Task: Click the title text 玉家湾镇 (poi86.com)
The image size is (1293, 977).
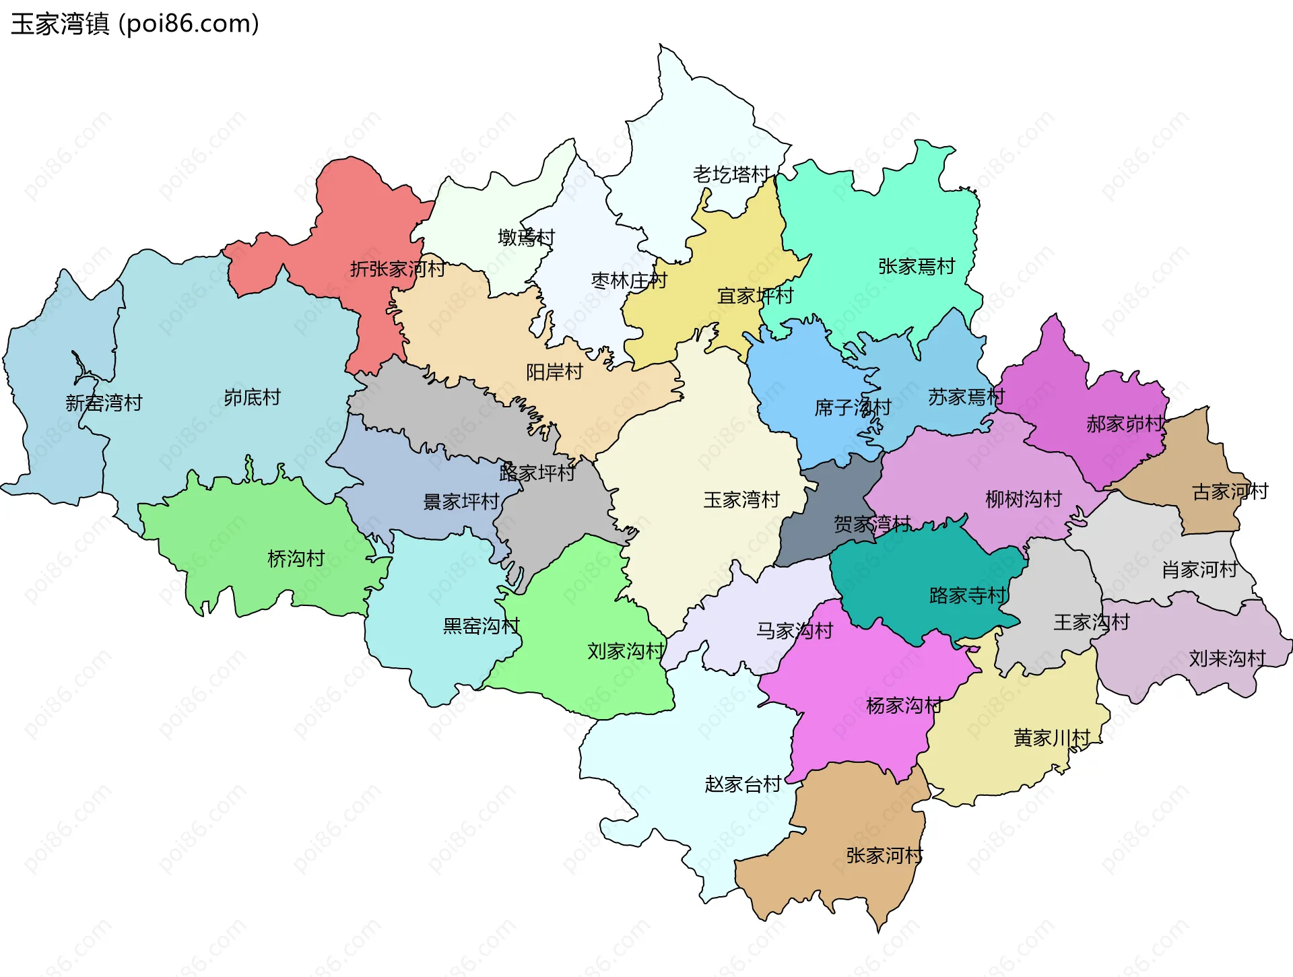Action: [135, 24]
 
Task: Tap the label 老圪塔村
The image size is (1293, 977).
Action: [731, 174]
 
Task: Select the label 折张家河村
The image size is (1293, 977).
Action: [397, 269]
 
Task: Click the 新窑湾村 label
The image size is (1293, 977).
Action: [104, 403]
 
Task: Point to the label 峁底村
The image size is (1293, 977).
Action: [252, 397]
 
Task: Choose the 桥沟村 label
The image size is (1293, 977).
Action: [296, 558]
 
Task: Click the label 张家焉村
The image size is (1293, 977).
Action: [917, 267]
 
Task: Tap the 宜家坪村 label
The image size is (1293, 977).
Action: [755, 296]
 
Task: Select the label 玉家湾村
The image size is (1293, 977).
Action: [741, 500]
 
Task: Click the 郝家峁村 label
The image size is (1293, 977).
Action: [1125, 424]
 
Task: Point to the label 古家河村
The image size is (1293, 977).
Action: [1230, 492]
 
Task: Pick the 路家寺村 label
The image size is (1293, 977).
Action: [967, 595]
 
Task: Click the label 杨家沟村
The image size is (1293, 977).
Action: [904, 706]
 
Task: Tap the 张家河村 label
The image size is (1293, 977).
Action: [884, 856]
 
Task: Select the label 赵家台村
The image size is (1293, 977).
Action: [742, 784]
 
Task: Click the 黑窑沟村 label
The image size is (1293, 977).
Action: [481, 626]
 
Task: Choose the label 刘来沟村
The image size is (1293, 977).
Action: [1227, 659]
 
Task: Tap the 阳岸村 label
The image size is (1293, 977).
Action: [554, 372]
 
